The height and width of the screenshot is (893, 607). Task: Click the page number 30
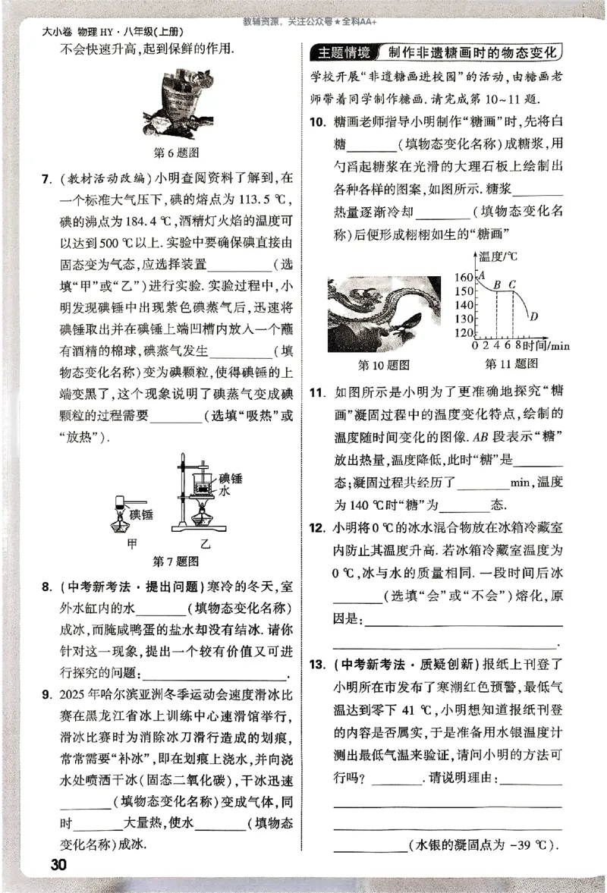click(x=58, y=865)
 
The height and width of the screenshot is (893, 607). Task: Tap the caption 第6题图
click(x=176, y=153)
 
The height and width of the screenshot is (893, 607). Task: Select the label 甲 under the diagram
click(x=134, y=544)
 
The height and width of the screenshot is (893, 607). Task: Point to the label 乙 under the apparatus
click(x=204, y=544)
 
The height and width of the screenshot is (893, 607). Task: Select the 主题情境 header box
click(x=344, y=53)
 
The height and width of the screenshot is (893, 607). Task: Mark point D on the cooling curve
click(x=534, y=316)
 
